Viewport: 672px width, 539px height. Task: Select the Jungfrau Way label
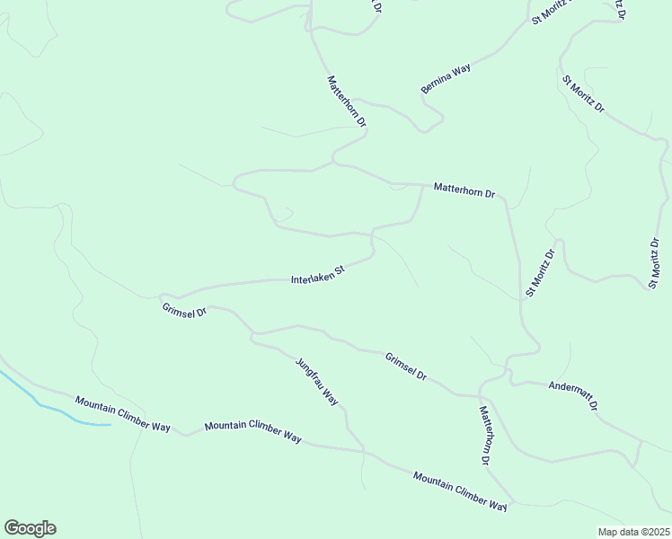[317, 382]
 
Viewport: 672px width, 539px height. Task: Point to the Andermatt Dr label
[573, 396]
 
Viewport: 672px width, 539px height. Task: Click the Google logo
[30, 528]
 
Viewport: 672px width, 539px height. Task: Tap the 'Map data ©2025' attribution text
[633, 532]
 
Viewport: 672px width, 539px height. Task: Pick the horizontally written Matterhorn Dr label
[464, 190]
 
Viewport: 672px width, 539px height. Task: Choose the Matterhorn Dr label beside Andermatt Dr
[484, 435]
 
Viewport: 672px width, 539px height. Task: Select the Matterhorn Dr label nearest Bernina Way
[347, 101]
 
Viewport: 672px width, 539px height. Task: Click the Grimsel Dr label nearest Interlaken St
[185, 312]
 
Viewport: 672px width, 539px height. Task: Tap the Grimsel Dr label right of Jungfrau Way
[405, 366]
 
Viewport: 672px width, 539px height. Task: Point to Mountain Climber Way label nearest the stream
[122, 413]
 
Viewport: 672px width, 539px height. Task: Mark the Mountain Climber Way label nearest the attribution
[460, 490]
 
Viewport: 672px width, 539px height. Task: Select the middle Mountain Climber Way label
[252, 432]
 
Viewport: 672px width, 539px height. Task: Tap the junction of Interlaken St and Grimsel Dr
[162, 296]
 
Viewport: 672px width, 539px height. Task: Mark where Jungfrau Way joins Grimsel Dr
[254, 336]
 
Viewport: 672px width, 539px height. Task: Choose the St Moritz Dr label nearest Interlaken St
[541, 273]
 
